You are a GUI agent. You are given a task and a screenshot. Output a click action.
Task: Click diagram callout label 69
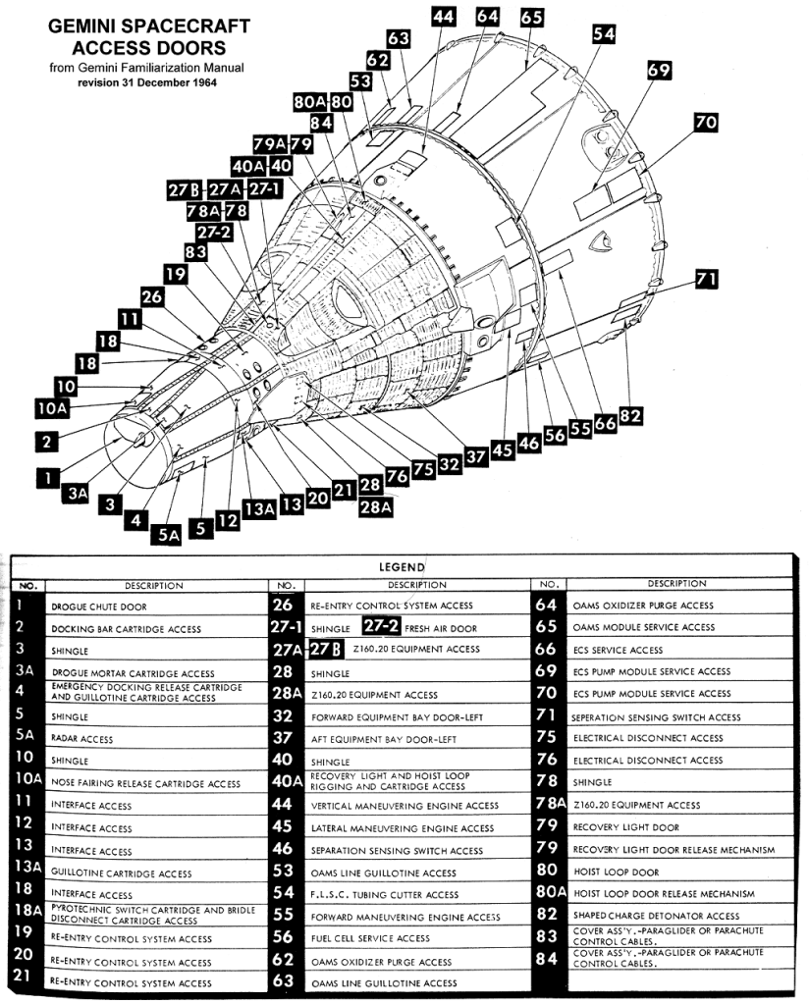pos(659,71)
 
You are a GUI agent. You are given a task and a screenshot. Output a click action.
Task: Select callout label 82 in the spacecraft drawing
pos(629,415)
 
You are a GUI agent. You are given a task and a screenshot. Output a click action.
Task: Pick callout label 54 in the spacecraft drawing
pos(604,33)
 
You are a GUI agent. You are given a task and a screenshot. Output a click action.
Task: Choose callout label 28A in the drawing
pos(376,507)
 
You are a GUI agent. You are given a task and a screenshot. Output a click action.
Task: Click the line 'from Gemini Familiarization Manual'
pos(147,68)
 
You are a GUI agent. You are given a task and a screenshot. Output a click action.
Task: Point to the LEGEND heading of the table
pos(402,567)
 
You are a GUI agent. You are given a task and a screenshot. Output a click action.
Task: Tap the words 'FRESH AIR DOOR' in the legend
pos(441,628)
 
